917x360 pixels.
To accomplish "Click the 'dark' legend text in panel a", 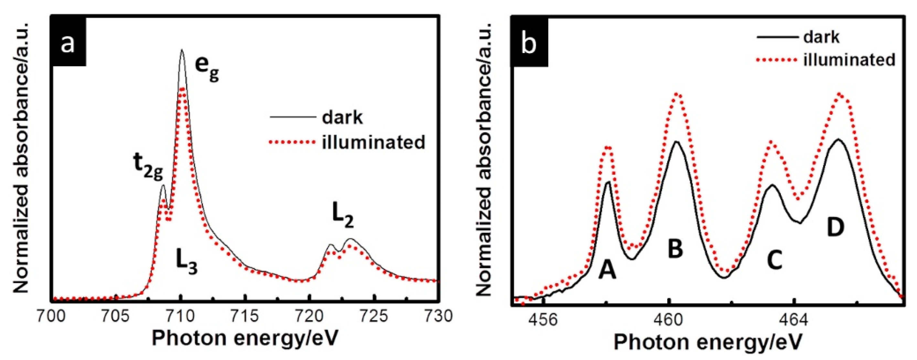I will [342, 117].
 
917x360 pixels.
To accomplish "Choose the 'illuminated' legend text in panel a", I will [373, 142].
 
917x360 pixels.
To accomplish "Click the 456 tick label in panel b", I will [543, 320].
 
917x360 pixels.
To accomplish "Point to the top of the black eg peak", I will [182, 50].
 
